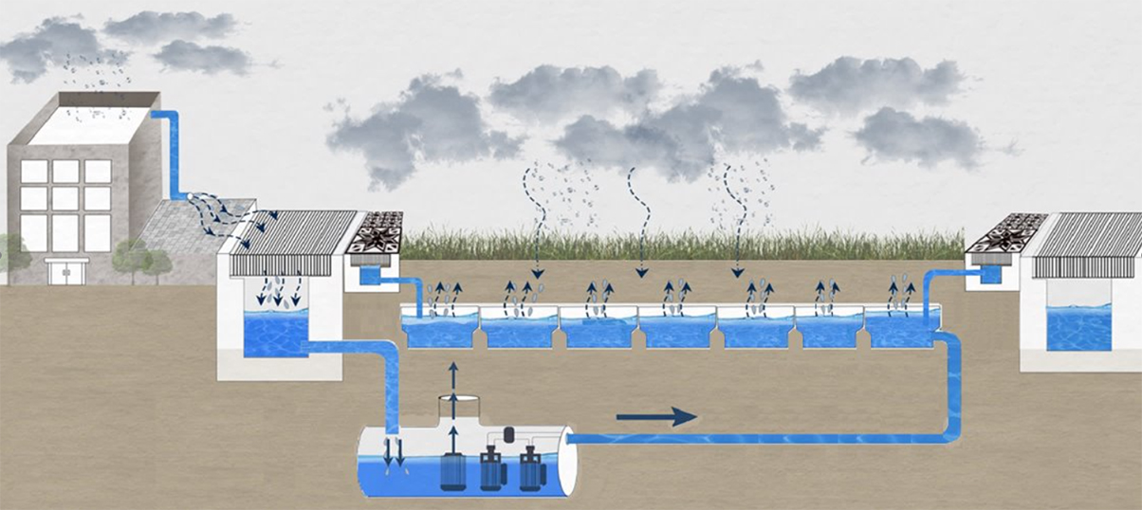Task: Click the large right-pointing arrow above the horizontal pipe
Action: (656, 416)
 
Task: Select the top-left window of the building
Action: (34, 172)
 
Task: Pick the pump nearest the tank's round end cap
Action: (530, 468)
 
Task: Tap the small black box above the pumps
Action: (507, 434)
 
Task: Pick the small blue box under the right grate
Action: (992, 274)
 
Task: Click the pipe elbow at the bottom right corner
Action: (950, 431)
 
